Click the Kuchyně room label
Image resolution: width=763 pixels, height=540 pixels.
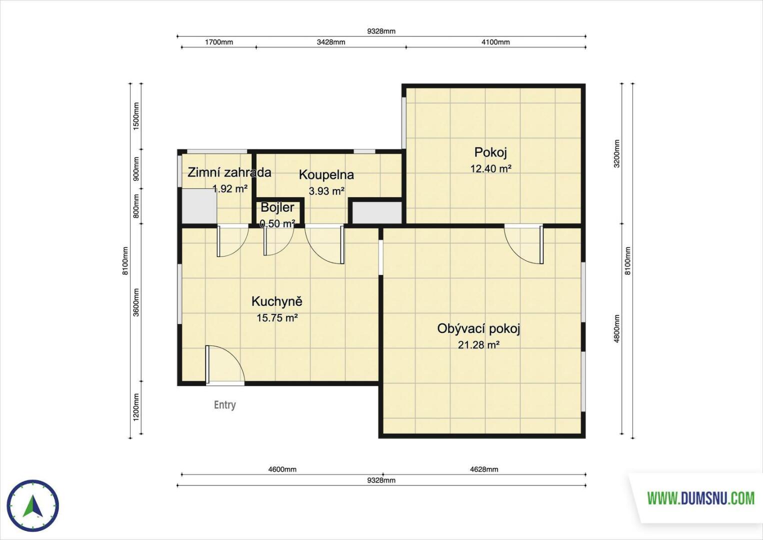pyautogui.click(x=277, y=301)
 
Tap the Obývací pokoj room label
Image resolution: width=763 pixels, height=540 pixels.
pyautogui.click(x=478, y=329)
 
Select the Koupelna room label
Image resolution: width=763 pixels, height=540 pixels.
pyautogui.click(x=326, y=175)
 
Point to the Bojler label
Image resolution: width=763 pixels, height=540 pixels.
pyautogui.click(x=277, y=207)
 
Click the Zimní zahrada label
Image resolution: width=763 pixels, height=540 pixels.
pyautogui.click(x=229, y=172)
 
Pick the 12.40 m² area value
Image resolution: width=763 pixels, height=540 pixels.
pyautogui.click(x=491, y=168)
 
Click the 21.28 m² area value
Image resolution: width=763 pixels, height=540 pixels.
pyautogui.click(x=478, y=345)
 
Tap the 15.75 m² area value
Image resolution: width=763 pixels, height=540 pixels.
pyautogui.click(x=277, y=318)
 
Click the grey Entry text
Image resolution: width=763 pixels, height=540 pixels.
pyautogui.click(x=225, y=405)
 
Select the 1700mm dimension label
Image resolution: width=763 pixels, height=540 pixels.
pyautogui.click(x=218, y=42)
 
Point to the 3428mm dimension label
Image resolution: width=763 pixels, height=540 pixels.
pyautogui.click(x=330, y=42)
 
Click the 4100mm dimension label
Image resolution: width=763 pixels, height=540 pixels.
pyautogui.click(x=495, y=42)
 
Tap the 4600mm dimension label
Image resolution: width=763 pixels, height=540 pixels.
pyautogui.click(x=282, y=469)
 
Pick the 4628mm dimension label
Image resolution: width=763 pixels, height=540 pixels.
pyautogui.click(x=484, y=469)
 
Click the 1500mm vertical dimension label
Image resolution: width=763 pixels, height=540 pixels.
pyautogui.click(x=136, y=116)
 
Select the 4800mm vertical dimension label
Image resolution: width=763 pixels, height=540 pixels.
pyautogui.click(x=616, y=329)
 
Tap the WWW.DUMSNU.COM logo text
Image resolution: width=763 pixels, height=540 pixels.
pyautogui.click(x=701, y=498)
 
